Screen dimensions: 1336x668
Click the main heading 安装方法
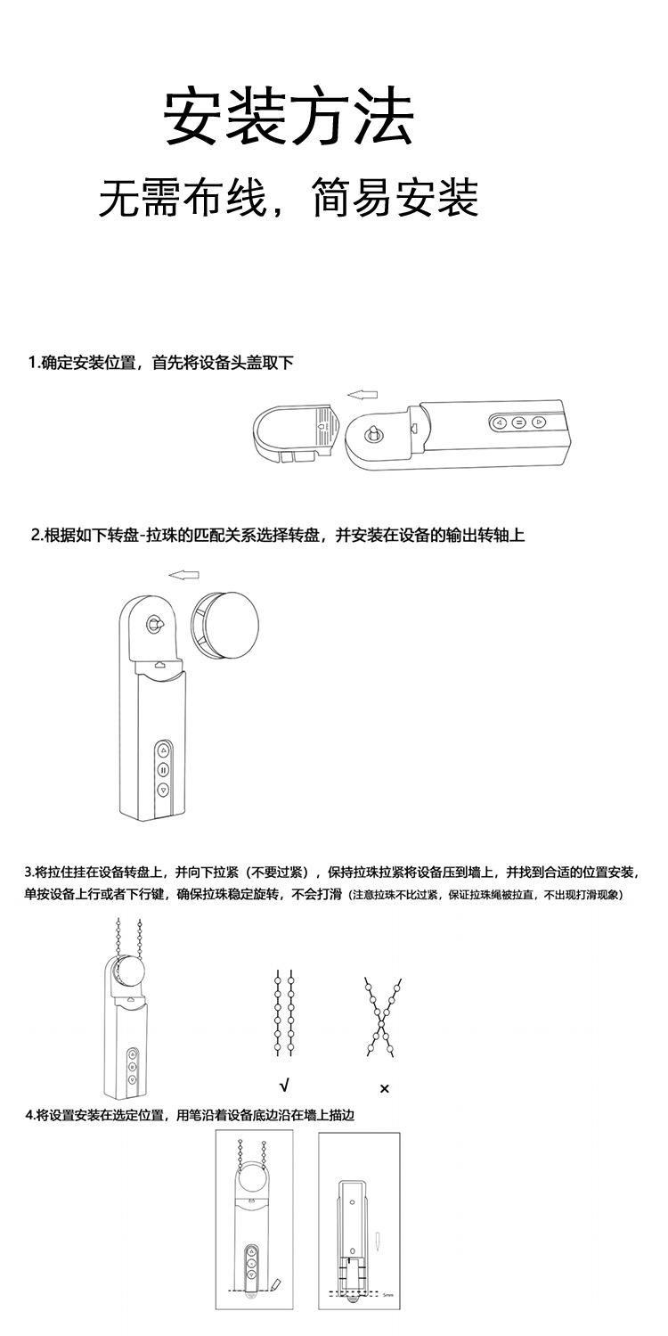pyautogui.click(x=289, y=117)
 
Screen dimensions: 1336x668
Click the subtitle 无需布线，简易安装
pyautogui.click(x=289, y=198)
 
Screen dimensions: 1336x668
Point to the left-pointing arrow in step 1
pyautogui.click(x=362, y=393)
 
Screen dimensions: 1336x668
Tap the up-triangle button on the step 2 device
pyautogui.click(x=163, y=750)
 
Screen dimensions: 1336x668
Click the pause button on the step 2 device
pyautogui.click(x=163, y=770)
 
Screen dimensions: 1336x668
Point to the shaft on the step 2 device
pyautogui.click(x=154, y=626)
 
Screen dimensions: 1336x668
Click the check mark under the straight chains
pyautogui.click(x=284, y=1086)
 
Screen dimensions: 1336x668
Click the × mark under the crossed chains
pyautogui.click(x=385, y=1088)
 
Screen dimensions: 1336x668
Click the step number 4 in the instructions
pyautogui.click(x=29, y=1115)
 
